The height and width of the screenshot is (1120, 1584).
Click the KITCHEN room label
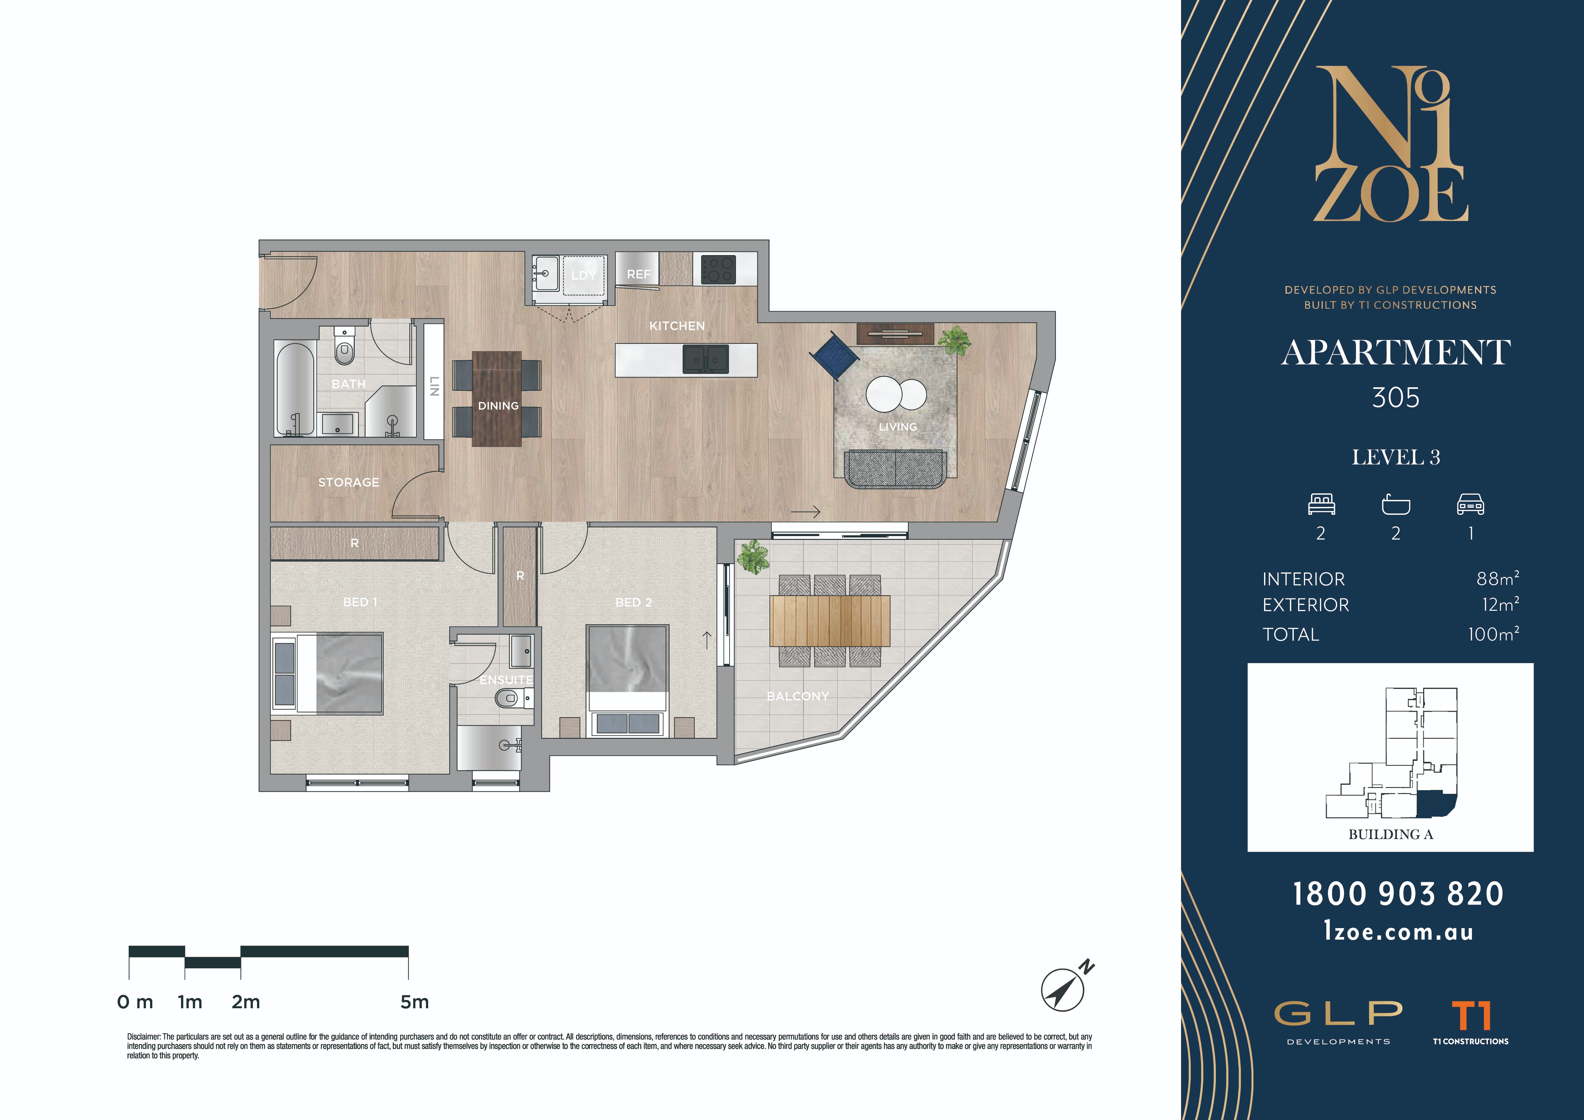tap(677, 326)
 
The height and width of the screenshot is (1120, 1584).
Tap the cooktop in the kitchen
tap(718, 269)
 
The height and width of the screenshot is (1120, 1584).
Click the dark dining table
tap(497, 399)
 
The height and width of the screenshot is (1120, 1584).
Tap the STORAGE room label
tap(348, 482)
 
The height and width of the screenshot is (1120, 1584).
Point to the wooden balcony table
tap(829, 621)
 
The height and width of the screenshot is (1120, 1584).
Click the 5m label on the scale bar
tap(415, 1002)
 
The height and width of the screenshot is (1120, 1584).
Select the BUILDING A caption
tap(1391, 835)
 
